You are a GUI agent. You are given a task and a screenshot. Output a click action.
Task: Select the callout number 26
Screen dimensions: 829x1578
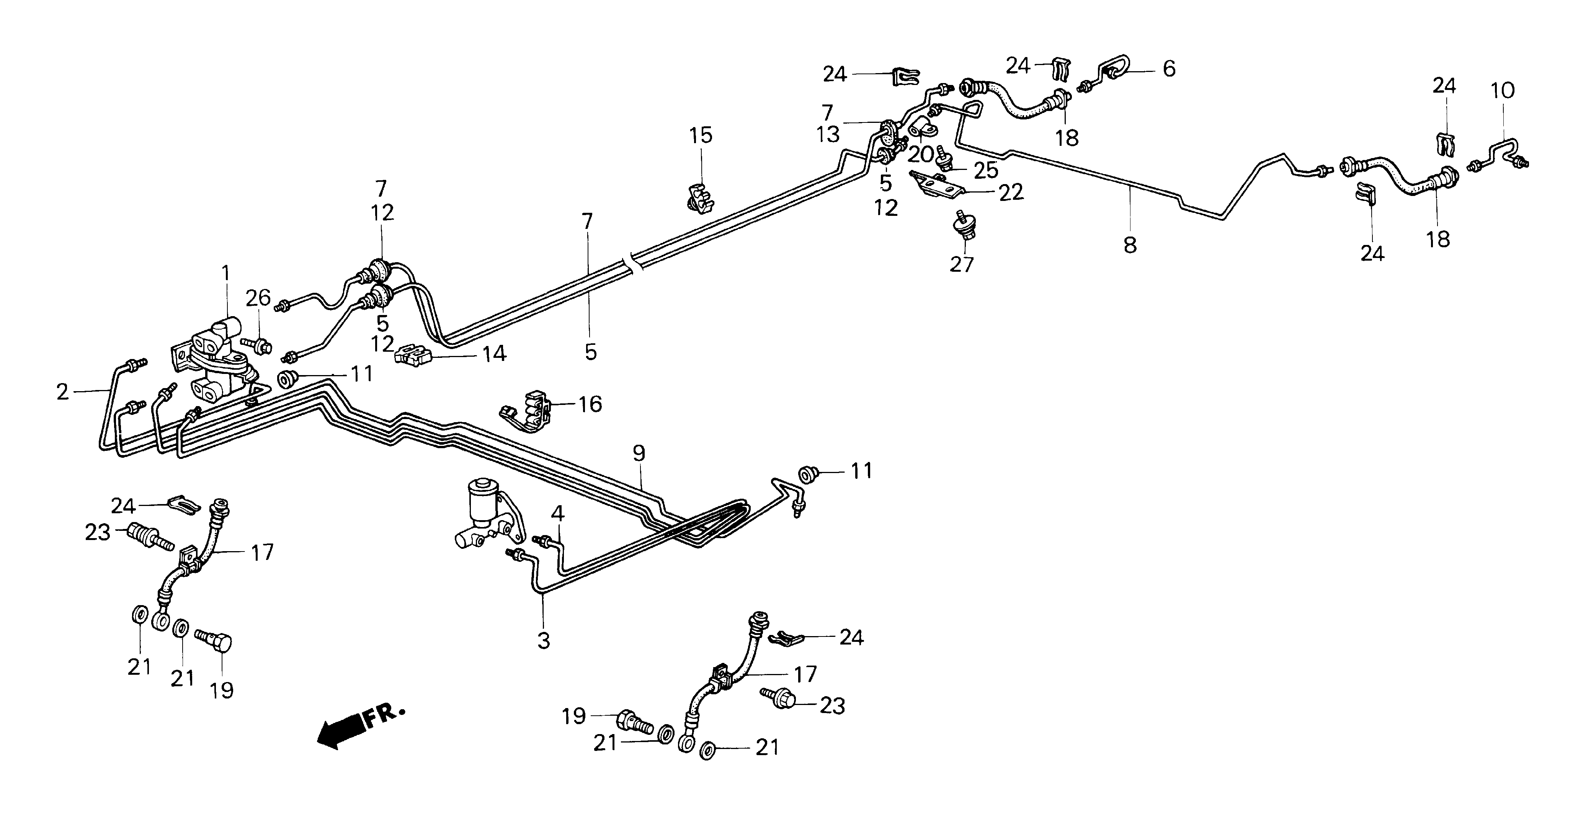click(x=258, y=298)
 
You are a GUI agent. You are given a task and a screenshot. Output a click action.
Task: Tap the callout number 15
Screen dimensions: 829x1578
click(x=701, y=135)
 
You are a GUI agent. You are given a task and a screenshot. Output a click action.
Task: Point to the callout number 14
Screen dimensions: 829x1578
click(x=494, y=354)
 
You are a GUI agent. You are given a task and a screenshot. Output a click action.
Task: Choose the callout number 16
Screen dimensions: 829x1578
click(x=590, y=405)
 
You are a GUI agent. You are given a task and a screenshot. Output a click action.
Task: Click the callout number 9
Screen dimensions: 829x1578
click(x=639, y=454)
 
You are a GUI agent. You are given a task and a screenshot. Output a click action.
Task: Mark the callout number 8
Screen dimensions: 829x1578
click(x=1130, y=245)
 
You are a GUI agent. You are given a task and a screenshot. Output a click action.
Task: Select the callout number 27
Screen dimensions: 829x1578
click(x=961, y=265)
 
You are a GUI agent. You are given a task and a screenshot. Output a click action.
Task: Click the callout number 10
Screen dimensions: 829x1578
click(x=1502, y=91)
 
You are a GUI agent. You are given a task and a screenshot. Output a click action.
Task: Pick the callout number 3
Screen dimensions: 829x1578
click(x=543, y=641)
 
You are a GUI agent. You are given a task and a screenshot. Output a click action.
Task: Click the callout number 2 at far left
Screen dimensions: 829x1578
click(x=62, y=392)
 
